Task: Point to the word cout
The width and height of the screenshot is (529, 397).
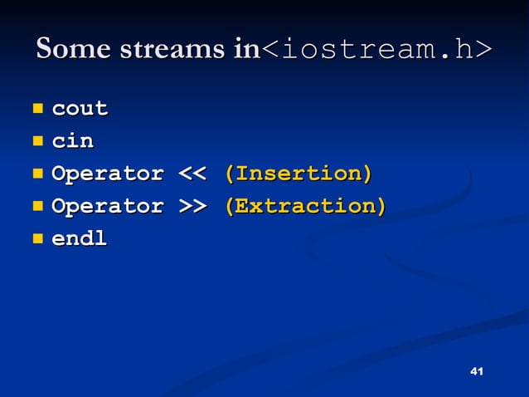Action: click(80, 109)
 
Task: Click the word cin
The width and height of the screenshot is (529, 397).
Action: click(73, 141)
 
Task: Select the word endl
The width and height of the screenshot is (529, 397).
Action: click(80, 239)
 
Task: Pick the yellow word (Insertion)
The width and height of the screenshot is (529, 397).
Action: click(298, 174)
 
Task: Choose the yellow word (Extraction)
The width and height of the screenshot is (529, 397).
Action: click(305, 206)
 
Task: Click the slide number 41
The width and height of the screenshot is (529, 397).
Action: click(476, 370)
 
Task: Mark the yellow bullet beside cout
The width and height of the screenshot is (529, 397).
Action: click(37, 108)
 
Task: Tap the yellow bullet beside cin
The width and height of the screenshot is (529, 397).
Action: click(37, 140)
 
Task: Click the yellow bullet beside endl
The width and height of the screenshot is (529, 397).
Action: click(37, 238)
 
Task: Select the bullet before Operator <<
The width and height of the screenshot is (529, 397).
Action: click(37, 174)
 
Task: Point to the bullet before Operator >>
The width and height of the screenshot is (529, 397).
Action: click(37, 205)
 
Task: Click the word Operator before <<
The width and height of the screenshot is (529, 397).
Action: click(108, 174)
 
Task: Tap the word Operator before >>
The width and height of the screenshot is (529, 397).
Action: click(108, 206)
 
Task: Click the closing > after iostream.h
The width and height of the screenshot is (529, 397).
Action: click(483, 51)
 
